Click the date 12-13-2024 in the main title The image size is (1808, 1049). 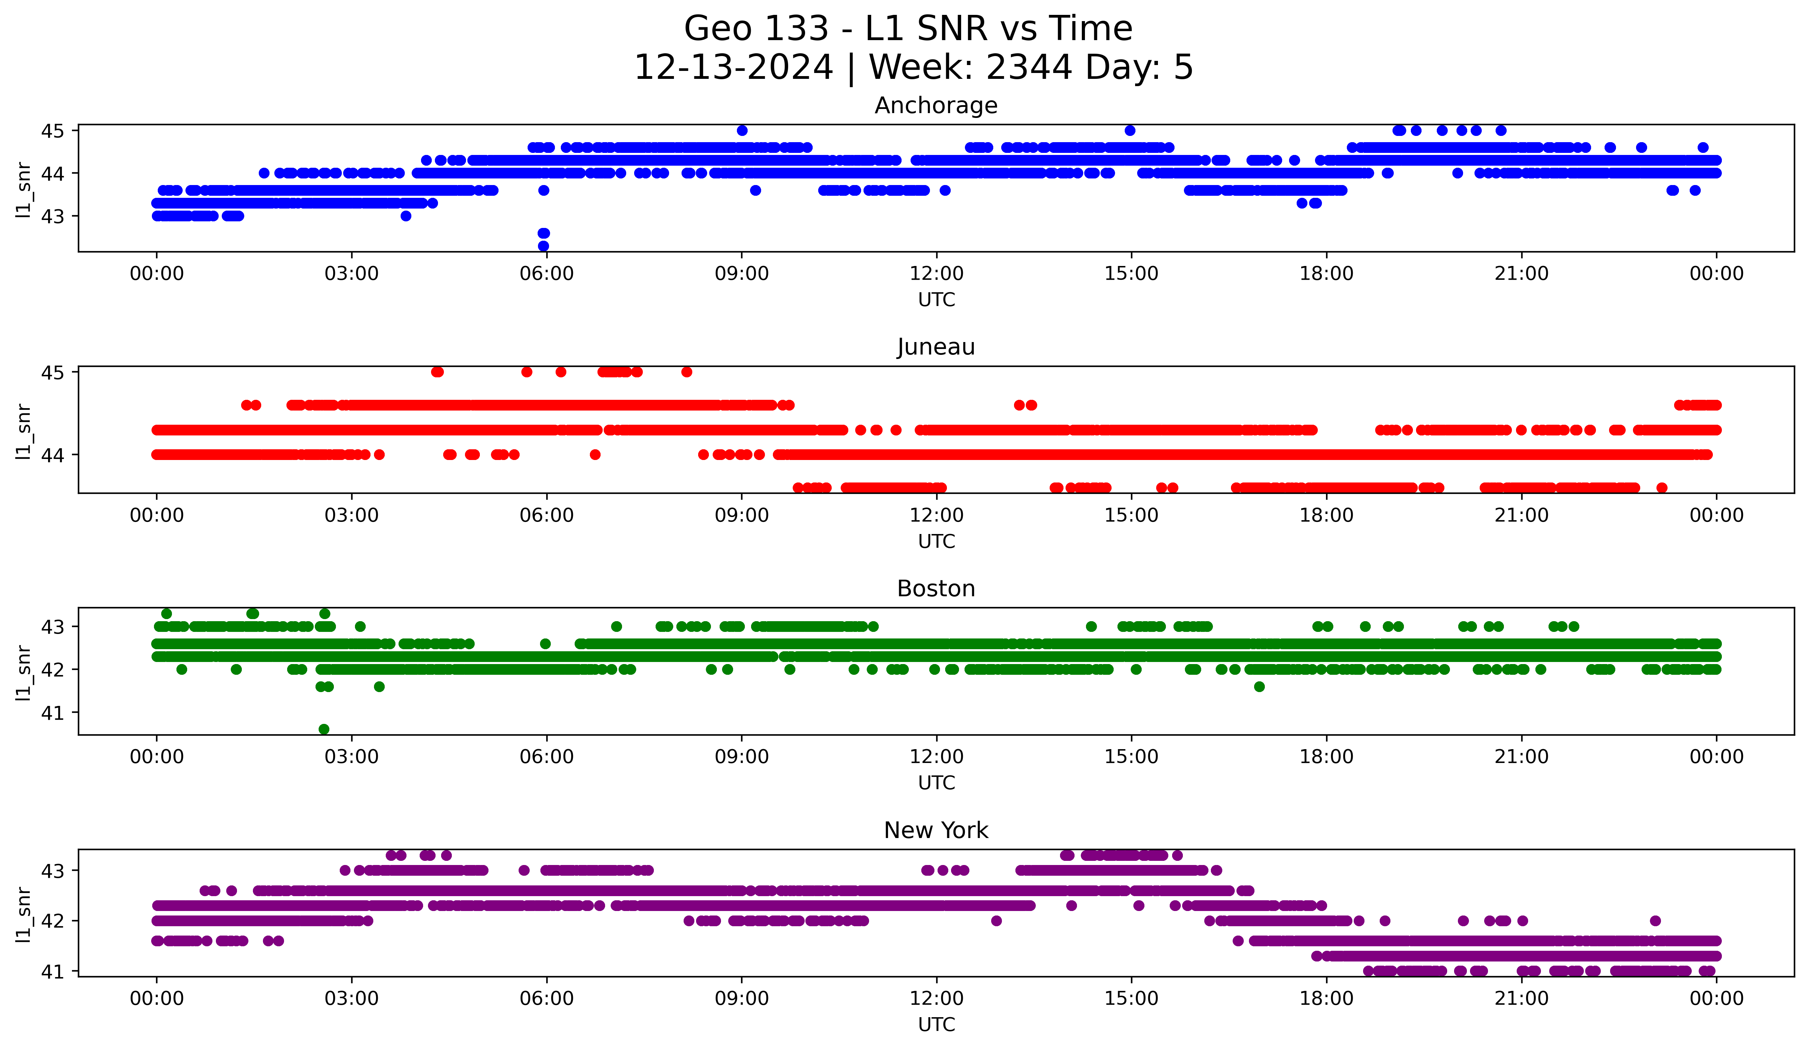click(x=733, y=67)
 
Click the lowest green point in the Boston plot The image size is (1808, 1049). click(x=323, y=729)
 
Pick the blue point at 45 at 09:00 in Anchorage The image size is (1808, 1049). click(x=742, y=130)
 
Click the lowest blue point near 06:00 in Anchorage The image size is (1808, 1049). click(x=543, y=246)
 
